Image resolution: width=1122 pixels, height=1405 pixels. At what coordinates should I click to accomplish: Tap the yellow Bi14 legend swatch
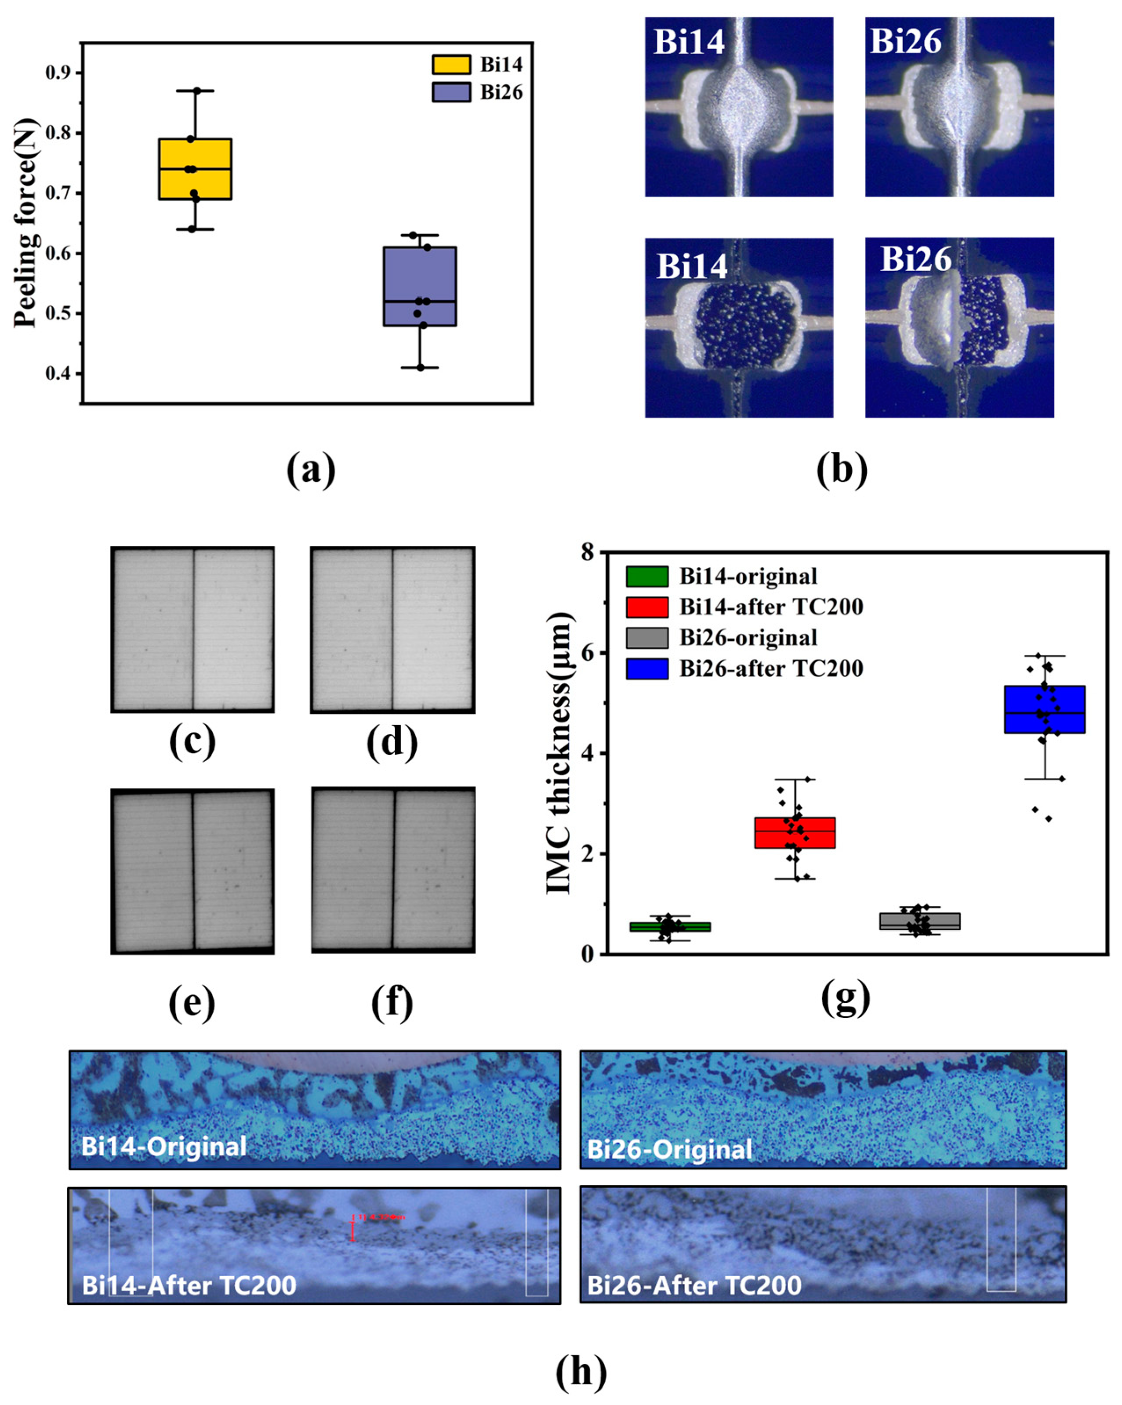451,65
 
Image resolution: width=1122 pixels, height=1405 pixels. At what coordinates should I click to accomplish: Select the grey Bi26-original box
919,921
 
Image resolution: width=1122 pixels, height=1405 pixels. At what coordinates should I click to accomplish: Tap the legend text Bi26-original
748,637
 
